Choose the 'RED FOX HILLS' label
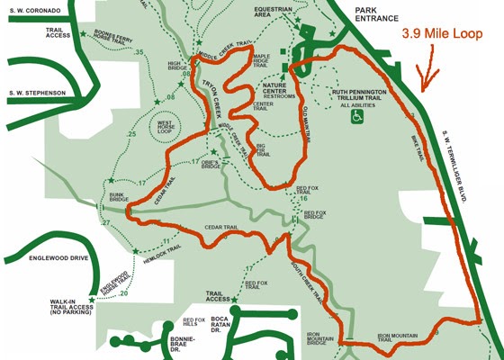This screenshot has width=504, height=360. (193, 321)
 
